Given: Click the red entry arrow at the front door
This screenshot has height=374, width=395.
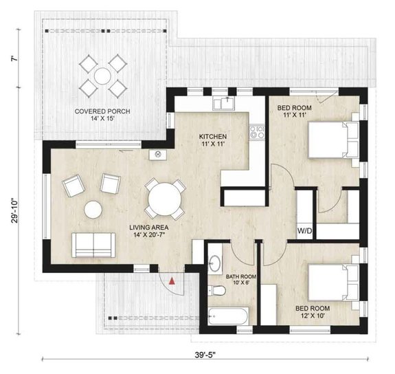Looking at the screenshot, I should click(173, 280).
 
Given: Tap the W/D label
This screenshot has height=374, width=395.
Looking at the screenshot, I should click(304, 230).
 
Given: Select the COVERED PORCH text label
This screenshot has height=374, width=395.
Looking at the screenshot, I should click(103, 111).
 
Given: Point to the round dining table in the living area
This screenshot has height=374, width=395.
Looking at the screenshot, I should click(163, 199).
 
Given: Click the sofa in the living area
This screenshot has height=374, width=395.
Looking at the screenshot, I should click(93, 243).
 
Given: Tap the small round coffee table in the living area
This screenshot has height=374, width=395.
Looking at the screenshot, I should click(93, 208).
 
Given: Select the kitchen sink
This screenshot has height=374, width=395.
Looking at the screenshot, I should click(225, 104).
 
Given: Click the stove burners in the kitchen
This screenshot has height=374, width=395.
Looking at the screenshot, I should click(258, 131).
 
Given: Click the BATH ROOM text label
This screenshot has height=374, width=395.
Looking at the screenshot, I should click(240, 277).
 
